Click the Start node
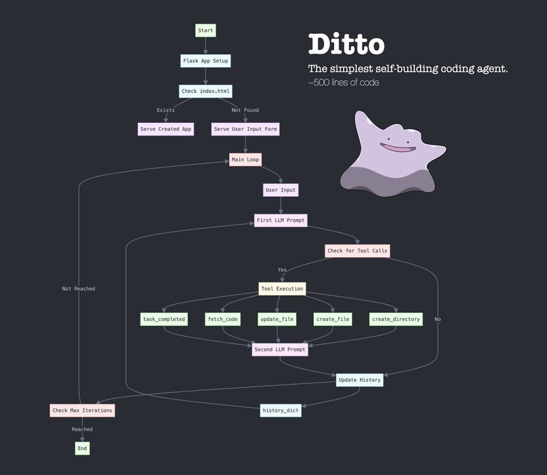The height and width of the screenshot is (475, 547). (x=205, y=31)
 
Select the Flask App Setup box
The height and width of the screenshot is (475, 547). (x=205, y=61)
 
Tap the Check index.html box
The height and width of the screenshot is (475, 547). (x=205, y=91)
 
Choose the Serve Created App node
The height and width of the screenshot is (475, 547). (x=165, y=129)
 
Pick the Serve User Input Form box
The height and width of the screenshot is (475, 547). (x=245, y=129)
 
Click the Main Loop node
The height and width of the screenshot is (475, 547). (x=245, y=159)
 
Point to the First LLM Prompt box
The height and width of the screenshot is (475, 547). (x=281, y=221)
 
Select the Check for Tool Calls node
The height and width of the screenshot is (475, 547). (x=357, y=251)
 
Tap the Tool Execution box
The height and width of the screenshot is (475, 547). (x=282, y=289)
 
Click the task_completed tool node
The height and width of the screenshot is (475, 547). (x=164, y=319)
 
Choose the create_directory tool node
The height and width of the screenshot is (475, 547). (x=396, y=319)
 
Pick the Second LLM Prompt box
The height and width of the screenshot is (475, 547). (x=280, y=349)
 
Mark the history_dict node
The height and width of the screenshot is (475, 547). (x=281, y=411)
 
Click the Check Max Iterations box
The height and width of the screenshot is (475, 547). (x=82, y=411)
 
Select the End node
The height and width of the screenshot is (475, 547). (x=82, y=449)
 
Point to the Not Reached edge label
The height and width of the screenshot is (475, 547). (x=79, y=289)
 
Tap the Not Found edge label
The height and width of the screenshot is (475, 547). (x=245, y=111)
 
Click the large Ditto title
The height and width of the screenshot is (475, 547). (x=346, y=44)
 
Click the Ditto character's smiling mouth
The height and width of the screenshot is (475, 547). (x=398, y=148)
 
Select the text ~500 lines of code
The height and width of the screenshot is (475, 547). (x=344, y=83)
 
